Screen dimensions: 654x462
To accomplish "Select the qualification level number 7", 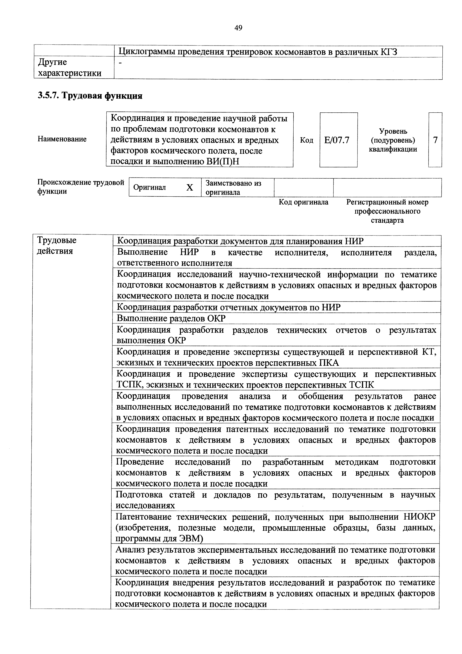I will point(435,140).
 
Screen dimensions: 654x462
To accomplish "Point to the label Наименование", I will point(62,139).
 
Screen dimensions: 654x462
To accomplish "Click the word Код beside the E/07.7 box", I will point(307,140).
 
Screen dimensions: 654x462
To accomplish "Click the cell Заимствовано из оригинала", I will point(233,187).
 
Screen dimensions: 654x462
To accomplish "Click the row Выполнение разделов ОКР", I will point(171,318).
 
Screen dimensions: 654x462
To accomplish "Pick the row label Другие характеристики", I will point(70,67).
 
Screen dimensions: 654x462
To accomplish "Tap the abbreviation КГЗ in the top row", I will point(389,52).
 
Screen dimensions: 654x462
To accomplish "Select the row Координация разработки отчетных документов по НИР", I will point(229,307).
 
